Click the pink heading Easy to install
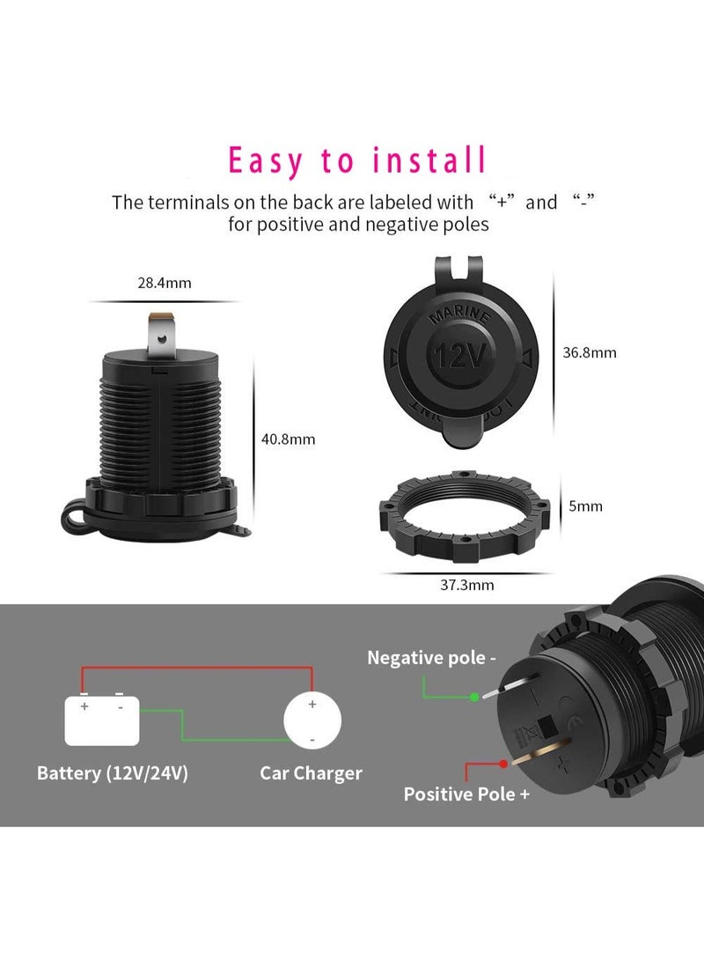click(357, 161)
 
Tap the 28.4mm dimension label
click(165, 283)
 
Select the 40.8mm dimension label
click(289, 439)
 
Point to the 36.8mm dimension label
click(590, 352)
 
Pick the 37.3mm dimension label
click(467, 584)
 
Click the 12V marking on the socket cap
click(458, 357)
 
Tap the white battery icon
click(102, 721)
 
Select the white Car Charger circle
click(312, 721)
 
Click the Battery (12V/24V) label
click(113, 773)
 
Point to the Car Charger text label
click(311, 773)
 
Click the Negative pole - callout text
click(431, 657)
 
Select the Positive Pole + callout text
click(466, 794)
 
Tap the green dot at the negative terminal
click(474, 698)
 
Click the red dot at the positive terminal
click(502, 764)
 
